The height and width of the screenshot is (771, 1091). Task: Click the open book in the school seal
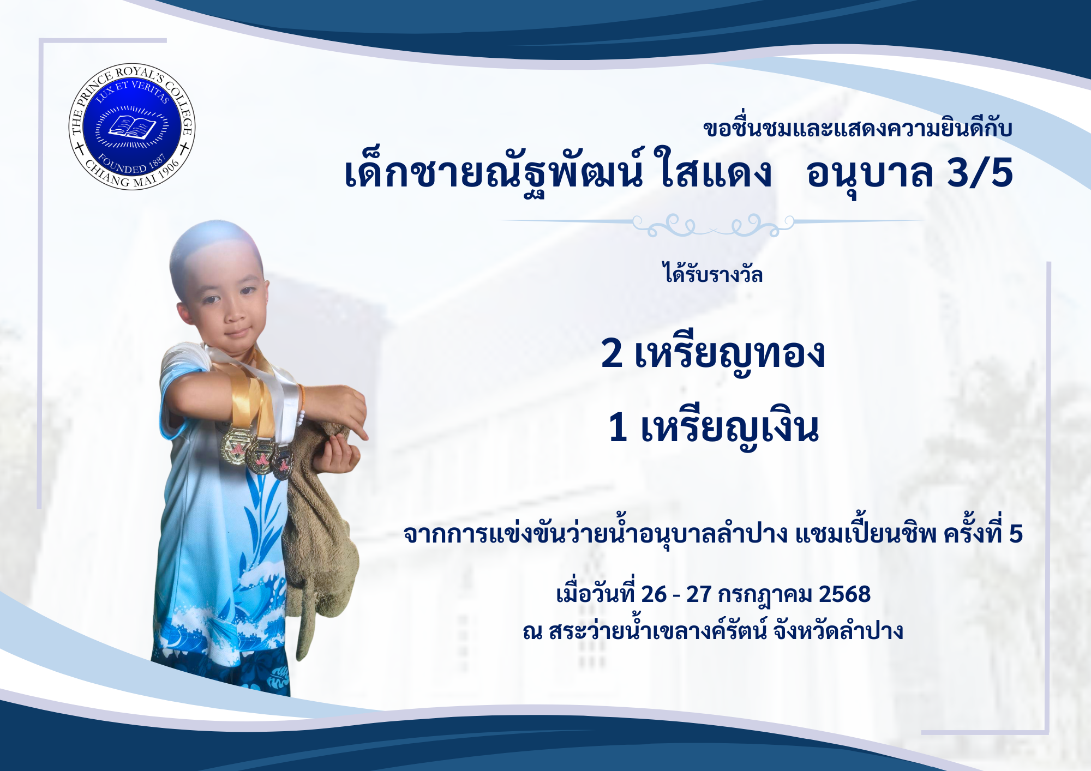click(x=132, y=128)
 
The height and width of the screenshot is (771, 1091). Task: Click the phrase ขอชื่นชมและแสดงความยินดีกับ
click(x=858, y=128)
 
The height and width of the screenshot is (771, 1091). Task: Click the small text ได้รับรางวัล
click(x=712, y=273)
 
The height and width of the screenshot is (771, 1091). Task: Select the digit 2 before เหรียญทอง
click(x=612, y=353)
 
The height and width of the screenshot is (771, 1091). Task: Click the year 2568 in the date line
click(x=844, y=594)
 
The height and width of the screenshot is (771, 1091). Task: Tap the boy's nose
click(x=236, y=312)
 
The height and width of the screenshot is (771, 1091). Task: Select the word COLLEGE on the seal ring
click(x=181, y=109)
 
